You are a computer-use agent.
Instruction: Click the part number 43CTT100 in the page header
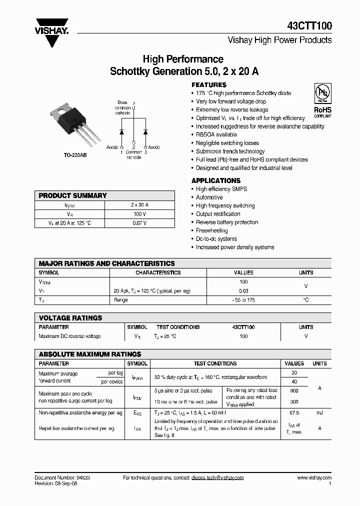pos(309,26)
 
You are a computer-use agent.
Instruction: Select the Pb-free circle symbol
pos(322,93)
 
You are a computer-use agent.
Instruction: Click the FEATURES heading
pos(209,85)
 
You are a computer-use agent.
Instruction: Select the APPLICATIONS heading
pos(216,180)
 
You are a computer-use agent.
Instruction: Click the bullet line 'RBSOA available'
pos(216,134)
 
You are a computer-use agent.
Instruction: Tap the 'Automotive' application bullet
pos(209,197)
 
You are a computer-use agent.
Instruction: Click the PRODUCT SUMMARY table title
pos(72,195)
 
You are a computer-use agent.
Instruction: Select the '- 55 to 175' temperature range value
pos(243,300)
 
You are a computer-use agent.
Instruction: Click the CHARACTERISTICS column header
pos(158,273)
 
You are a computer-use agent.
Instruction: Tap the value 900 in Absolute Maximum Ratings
pos(294,390)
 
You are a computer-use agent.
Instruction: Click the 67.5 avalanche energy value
pos(294,413)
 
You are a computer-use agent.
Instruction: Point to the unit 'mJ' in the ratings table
pos(319,413)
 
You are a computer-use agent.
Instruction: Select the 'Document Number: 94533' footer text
pos(62,478)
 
